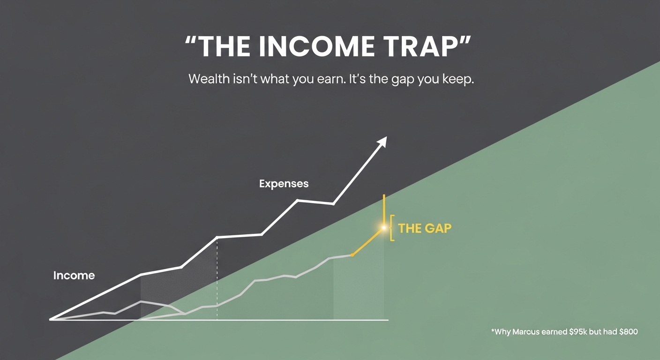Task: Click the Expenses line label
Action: (x=284, y=184)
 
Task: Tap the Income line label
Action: (x=74, y=276)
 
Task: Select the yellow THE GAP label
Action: (x=425, y=228)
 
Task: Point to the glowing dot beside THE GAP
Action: (x=383, y=227)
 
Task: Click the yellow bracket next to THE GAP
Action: (x=391, y=228)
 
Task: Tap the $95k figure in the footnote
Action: (x=578, y=332)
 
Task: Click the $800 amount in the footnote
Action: (x=629, y=332)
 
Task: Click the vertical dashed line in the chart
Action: (x=217, y=279)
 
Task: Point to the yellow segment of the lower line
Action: (x=368, y=242)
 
